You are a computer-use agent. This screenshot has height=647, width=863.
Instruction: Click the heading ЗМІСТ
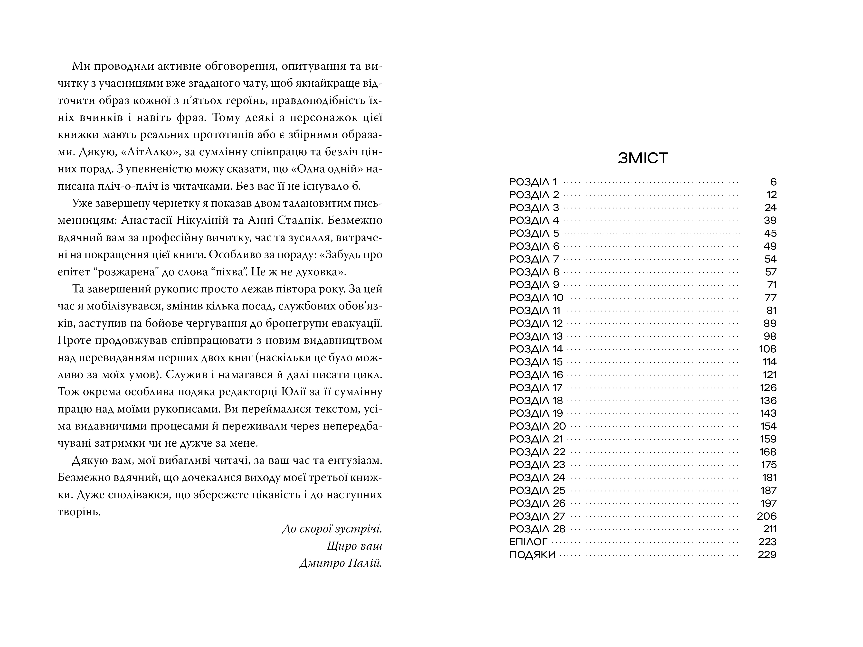(643, 158)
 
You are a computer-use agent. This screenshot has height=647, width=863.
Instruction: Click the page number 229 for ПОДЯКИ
(767, 554)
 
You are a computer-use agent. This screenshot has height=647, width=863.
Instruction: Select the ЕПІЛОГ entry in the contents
(528, 542)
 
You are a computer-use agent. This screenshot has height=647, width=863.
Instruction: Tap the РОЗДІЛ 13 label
(536, 336)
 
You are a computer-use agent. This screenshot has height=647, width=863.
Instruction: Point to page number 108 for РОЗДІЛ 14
(768, 349)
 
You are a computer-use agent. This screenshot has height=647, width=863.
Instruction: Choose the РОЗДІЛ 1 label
(533, 182)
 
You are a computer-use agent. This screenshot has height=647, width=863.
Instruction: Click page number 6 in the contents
(773, 182)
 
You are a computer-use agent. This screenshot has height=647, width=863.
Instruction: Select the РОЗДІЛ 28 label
(537, 529)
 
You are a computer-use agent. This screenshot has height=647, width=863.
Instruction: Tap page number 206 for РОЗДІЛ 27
(767, 516)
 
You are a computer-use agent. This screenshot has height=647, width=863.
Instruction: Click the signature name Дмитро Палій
(341, 563)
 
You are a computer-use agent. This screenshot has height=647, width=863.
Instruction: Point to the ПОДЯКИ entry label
(532, 554)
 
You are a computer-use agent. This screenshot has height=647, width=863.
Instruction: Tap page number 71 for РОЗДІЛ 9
(771, 285)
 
